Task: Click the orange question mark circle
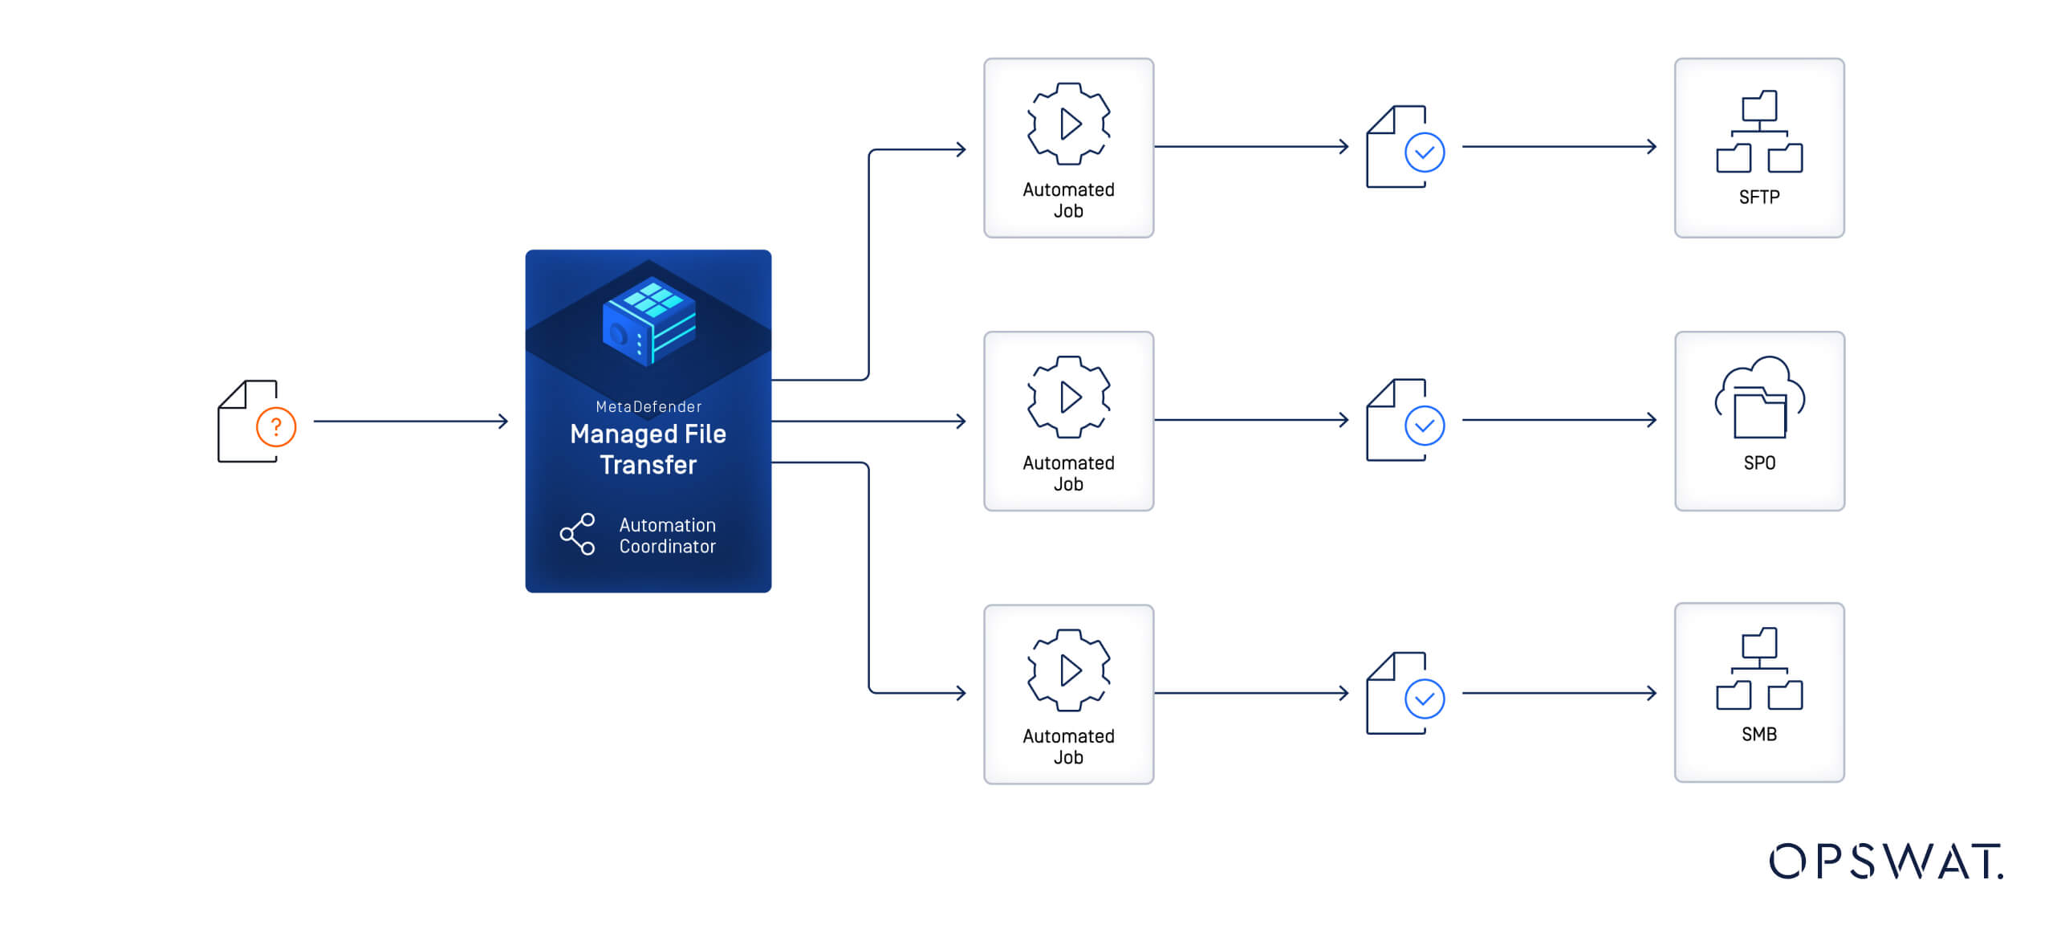pyautogui.click(x=276, y=427)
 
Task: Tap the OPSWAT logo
pyautogui.click(x=1886, y=862)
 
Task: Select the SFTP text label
pyautogui.click(x=1758, y=198)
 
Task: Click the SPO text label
pyautogui.click(x=1758, y=463)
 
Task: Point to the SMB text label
pyautogui.click(x=1758, y=735)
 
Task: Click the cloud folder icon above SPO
pyautogui.click(x=1759, y=397)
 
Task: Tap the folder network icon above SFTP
pyautogui.click(x=1759, y=132)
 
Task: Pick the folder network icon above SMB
pyautogui.click(x=1759, y=669)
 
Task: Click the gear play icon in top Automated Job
pyautogui.click(x=1069, y=124)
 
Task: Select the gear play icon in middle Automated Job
pyautogui.click(x=1069, y=397)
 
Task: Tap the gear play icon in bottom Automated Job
pyautogui.click(x=1069, y=670)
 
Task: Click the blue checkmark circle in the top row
pyautogui.click(x=1425, y=153)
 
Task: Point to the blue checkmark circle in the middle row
pyautogui.click(x=1425, y=426)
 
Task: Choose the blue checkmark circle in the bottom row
pyautogui.click(x=1425, y=699)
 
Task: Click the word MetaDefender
pyautogui.click(x=648, y=407)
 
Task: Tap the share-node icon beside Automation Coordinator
pyautogui.click(x=578, y=534)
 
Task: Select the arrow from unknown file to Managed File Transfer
pyautogui.click(x=410, y=421)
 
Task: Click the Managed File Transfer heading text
pyautogui.click(x=648, y=449)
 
